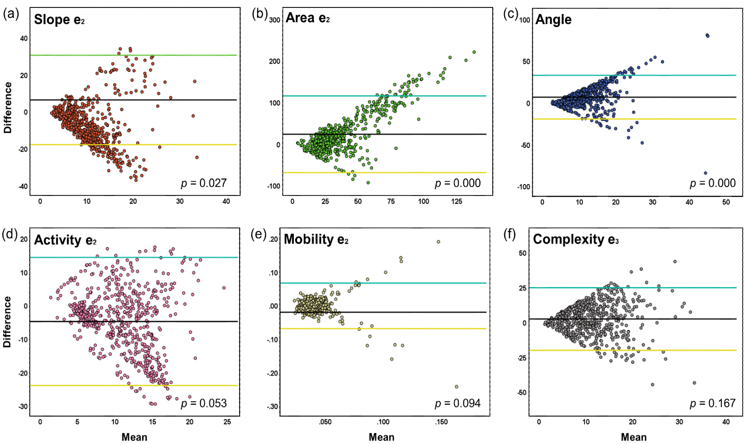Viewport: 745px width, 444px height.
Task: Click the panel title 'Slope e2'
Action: tap(59, 19)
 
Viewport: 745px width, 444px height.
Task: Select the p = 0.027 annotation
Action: tap(204, 183)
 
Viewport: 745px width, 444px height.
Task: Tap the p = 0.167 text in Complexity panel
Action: tap(713, 403)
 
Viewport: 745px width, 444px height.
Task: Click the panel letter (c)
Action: tap(511, 14)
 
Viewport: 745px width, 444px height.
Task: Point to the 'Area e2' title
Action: tap(308, 18)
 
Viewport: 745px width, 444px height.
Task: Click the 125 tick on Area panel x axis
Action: tap(456, 201)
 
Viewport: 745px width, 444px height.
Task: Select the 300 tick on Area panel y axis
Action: tap(274, 20)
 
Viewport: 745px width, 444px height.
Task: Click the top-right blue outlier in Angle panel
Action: tap(707, 36)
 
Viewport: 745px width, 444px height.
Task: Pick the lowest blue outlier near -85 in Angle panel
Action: tap(705, 173)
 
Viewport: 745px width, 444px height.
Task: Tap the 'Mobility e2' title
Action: tap(316, 239)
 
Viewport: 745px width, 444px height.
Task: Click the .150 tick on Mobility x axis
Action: tap(441, 422)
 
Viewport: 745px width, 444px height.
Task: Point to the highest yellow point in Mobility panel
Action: tap(438, 242)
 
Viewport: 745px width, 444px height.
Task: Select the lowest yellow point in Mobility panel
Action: tap(456, 387)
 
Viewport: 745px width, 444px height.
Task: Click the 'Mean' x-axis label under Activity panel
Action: tap(134, 437)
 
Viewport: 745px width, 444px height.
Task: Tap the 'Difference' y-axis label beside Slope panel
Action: tap(8, 108)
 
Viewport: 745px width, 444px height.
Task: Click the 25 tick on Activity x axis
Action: tap(227, 422)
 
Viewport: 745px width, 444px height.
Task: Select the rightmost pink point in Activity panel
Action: tap(224, 288)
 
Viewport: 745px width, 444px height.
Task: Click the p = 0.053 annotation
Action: tap(204, 403)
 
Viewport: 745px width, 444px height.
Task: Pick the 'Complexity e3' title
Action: tap(575, 239)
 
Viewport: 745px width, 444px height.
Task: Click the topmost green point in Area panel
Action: tap(474, 52)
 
